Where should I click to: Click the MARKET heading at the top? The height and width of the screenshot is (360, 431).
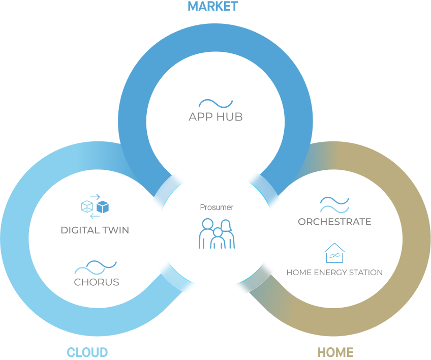point(213,7)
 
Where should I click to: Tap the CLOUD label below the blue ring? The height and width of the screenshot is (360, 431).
point(87,352)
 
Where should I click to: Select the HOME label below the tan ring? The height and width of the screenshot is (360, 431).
point(335,352)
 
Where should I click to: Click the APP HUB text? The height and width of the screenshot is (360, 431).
point(216,117)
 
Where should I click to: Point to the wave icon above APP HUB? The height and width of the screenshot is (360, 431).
point(216,104)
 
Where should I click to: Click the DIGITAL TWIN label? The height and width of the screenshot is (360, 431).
point(95,230)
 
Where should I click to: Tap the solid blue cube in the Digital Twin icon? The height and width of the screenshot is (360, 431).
point(103,206)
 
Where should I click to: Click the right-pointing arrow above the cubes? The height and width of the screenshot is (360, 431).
point(95,196)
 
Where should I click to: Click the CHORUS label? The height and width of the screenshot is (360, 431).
point(97,282)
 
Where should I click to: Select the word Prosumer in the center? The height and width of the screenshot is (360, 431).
point(217,207)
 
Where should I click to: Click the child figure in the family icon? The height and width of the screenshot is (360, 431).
point(218,239)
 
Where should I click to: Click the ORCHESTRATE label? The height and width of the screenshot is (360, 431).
point(334,222)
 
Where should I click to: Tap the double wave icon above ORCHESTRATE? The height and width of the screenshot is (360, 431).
point(334,205)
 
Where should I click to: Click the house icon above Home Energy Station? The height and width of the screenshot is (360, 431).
point(334,253)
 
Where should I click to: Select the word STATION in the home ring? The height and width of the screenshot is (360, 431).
point(365,273)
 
